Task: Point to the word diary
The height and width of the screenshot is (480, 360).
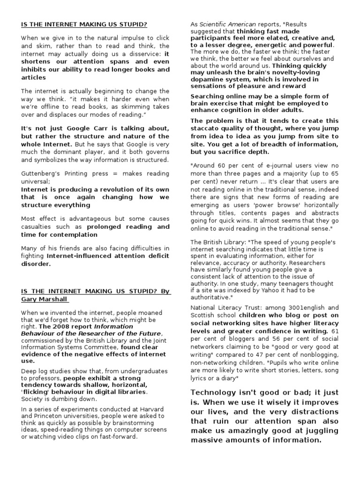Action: (229, 378)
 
